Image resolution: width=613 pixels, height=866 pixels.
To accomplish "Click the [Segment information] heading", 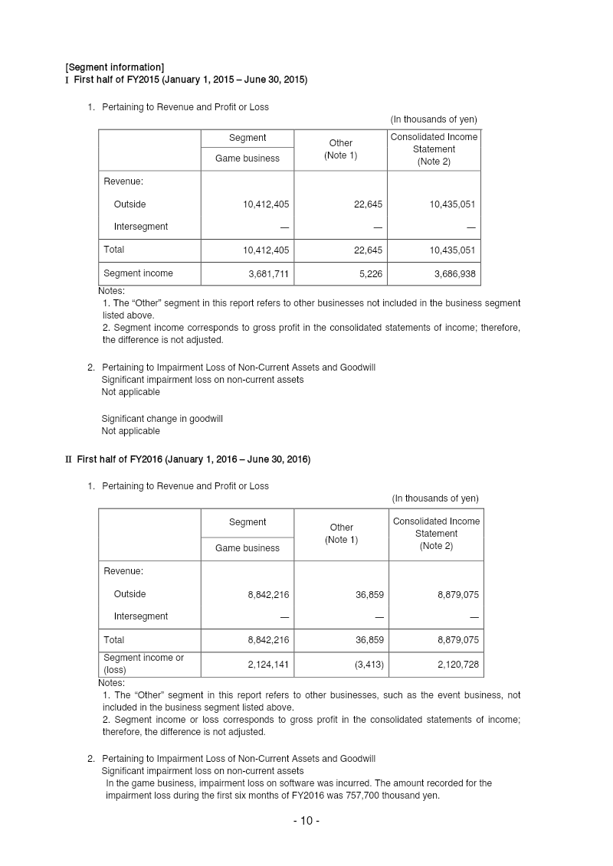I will [114, 67].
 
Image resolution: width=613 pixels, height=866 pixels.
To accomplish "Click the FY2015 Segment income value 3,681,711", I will [263, 273].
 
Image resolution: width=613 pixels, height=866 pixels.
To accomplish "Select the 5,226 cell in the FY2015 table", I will [369, 273].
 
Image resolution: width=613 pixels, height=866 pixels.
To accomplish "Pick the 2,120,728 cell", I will [458, 664].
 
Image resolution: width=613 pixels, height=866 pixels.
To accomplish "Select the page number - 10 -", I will [306, 821].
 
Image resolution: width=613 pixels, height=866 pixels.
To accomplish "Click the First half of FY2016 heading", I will [193, 459].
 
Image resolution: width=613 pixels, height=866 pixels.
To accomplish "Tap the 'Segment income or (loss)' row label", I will [144, 663].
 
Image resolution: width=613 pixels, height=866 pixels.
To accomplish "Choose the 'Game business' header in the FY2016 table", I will [247, 548].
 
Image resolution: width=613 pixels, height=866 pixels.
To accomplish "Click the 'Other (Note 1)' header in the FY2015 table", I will [341, 149].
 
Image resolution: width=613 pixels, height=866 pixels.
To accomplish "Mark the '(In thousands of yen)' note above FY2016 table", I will [435, 498].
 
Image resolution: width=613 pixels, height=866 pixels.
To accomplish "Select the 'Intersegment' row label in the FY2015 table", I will [141, 227].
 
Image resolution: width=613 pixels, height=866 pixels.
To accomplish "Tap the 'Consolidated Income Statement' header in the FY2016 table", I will [436, 533].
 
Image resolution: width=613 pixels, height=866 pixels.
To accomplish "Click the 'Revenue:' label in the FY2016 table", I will [123, 571].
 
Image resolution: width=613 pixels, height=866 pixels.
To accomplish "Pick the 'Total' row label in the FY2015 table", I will [114, 250].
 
